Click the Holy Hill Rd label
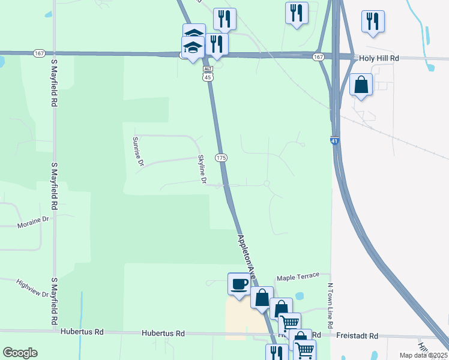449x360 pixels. [379, 58]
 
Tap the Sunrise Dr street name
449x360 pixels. [138, 151]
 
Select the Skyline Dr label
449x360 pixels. [202, 169]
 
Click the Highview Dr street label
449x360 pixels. [32, 288]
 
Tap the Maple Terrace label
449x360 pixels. [298, 278]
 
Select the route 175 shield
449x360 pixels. [221, 157]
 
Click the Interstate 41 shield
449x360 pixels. [334, 141]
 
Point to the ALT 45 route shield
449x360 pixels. [207, 74]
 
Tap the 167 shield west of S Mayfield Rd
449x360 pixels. [40, 53]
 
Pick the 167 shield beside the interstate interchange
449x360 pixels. [318, 57]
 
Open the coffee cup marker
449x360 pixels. [239, 283]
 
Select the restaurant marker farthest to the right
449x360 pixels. [373, 21]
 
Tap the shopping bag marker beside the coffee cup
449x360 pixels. [262, 298]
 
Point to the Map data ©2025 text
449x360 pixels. [423, 355]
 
